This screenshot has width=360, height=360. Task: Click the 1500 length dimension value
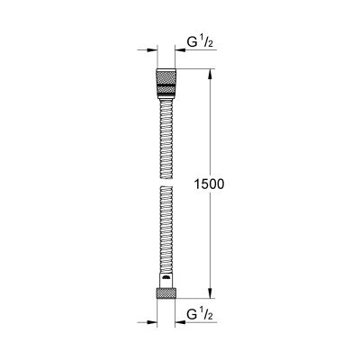(208, 183)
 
